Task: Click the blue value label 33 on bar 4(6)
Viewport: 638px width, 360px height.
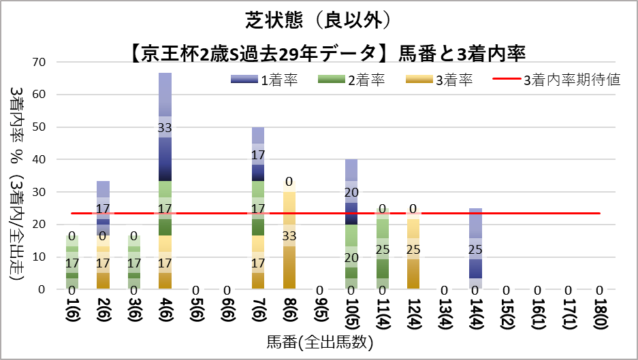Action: (165, 127)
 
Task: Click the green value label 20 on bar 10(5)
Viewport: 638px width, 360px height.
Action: (351, 257)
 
